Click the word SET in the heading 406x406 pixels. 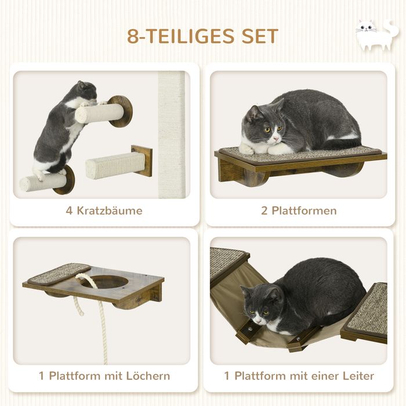pyautogui.click(x=260, y=36)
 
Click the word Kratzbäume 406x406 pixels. pyautogui.click(x=110, y=211)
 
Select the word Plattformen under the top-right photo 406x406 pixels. pyautogui.click(x=304, y=211)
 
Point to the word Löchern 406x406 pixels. pyautogui.click(x=148, y=376)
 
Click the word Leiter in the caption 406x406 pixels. pyautogui.click(x=358, y=376)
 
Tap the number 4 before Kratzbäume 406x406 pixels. pyautogui.click(x=69, y=211)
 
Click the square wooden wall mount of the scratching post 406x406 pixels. pyautogui.click(x=142, y=161)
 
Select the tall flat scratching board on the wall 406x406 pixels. pyautogui.click(x=171, y=135)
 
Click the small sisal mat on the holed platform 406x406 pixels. pyautogui.click(x=59, y=273)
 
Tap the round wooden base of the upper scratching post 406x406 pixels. pyautogui.click(x=121, y=111)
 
